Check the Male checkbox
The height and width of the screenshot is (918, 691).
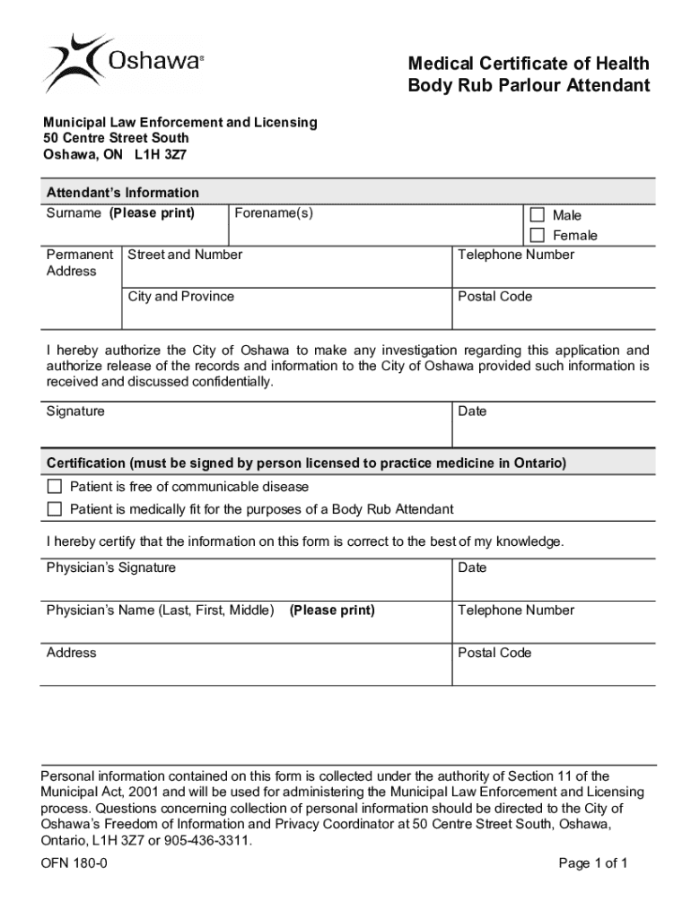[x=538, y=215]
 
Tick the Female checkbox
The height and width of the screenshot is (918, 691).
[x=538, y=236]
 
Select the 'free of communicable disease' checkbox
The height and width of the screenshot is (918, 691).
[x=55, y=487]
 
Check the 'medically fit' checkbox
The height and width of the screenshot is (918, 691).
[x=55, y=509]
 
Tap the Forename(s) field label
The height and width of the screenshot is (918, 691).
[x=274, y=213]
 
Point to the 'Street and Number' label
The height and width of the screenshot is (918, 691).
[x=185, y=255]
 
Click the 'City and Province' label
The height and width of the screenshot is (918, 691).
[x=180, y=297]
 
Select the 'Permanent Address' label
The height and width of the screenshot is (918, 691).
[x=80, y=263]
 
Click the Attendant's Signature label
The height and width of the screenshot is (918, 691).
[x=75, y=411]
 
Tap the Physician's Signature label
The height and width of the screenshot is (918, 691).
[x=111, y=567]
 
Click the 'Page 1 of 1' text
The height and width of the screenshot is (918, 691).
[x=592, y=863]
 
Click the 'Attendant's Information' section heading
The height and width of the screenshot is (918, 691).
[x=123, y=193]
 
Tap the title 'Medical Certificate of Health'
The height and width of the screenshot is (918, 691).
[x=528, y=64]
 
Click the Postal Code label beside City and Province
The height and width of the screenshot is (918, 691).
[x=494, y=297]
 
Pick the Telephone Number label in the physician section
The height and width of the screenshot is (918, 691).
[x=516, y=611]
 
